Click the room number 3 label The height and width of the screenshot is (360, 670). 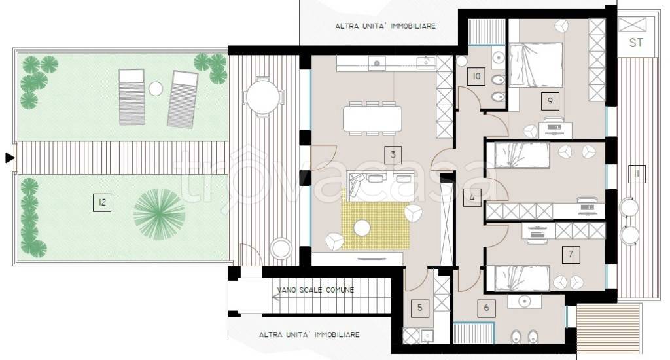pyautogui.click(x=393, y=155)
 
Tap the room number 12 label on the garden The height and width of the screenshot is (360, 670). pyautogui.click(x=102, y=202)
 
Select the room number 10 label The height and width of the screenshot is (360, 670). pyautogui.click(x=476, y=77)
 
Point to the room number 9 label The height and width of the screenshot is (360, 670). pyautogui.click(x=550, y=101)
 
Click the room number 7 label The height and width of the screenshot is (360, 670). pyautogui.click(x=571, y=255)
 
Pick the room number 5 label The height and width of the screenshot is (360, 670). pyautogui.click(x=419, y=308)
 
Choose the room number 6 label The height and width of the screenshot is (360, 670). pyautogui.click(x=486, y=308)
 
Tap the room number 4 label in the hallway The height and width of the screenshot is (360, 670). pyautogui.click(x=472, y=198)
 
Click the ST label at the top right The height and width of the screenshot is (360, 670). pyautogui.click(x=636, y=43)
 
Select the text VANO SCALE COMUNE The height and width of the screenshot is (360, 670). pyautogui.click(x=315, y=290)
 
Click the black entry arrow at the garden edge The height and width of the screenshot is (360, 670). pyautogui.click(x=9, y=158)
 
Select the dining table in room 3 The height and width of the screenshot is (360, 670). pyautogui.click(x=372, y=119)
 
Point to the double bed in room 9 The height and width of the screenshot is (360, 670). pyautogui.click(x=535, y=65)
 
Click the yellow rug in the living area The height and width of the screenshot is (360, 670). pyautogui.click(x=376, y=218)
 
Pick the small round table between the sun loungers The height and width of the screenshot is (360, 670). pyautogui.click(x=156, y=89)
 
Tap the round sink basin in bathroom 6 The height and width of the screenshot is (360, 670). pyautogui.click(x=524, y=302)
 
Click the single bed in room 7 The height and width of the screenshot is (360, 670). pyautogui.click(x=518, y=278)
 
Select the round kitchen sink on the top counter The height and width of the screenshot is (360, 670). pyautogui.click(x=377, y=63)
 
